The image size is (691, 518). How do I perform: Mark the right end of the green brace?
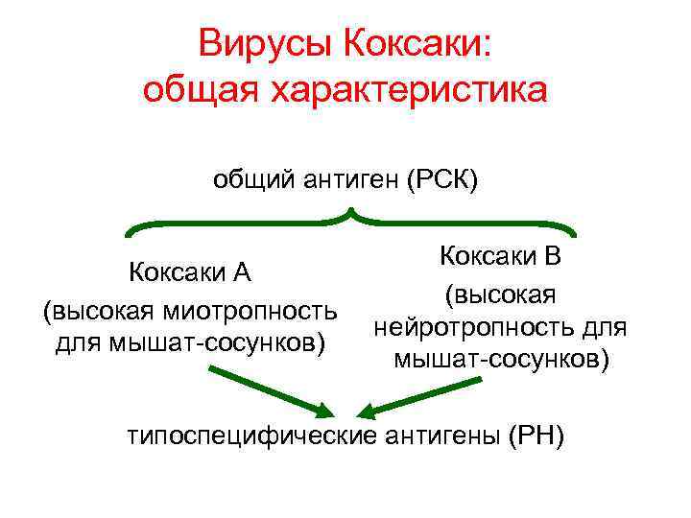575,233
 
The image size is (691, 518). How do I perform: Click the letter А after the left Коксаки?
242,273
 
